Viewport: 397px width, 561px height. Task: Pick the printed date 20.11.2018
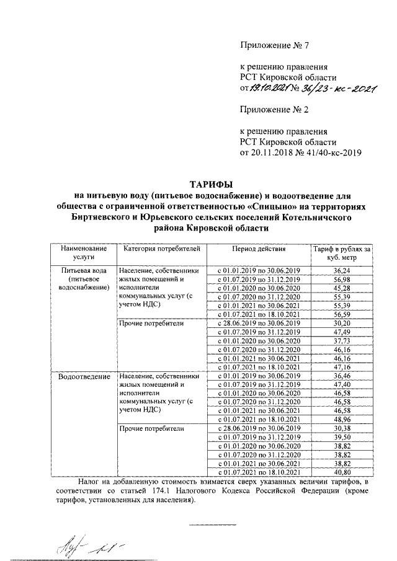(274, 152)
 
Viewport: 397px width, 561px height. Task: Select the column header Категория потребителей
(161, 249)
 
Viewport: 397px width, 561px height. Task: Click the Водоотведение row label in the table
(84, 376)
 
